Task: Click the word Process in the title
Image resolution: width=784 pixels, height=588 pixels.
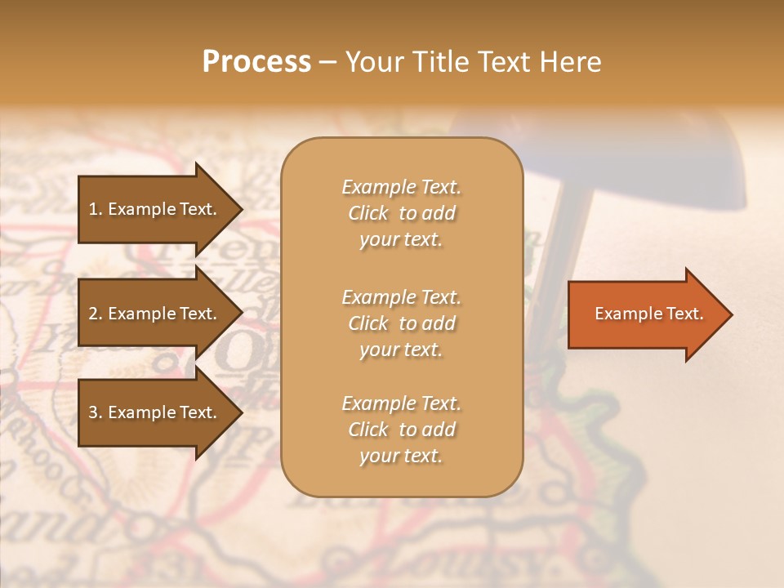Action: click(x=256, y=62)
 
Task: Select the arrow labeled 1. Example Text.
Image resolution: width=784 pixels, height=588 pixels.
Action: click(x=155, y=209)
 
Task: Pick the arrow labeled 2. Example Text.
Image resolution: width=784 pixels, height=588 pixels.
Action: click(x=155, y=314)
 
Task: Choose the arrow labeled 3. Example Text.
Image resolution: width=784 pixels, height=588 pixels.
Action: click(x=155, y=412)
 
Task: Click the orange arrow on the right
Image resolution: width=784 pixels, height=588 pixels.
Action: click(x=645, y=314)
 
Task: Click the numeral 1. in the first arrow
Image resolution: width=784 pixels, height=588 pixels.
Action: click(x=96, y=209)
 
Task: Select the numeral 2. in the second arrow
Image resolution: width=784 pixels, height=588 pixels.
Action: click(x=96, y=314)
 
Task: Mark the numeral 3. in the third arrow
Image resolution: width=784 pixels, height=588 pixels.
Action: click(x=96, y=412)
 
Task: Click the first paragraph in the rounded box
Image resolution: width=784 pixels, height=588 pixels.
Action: click(x=401, y=213)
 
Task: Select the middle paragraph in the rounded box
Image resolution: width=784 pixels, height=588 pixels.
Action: click(x=401, y=323)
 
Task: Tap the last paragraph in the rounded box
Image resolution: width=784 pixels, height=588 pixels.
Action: click(x=401, y=430)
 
